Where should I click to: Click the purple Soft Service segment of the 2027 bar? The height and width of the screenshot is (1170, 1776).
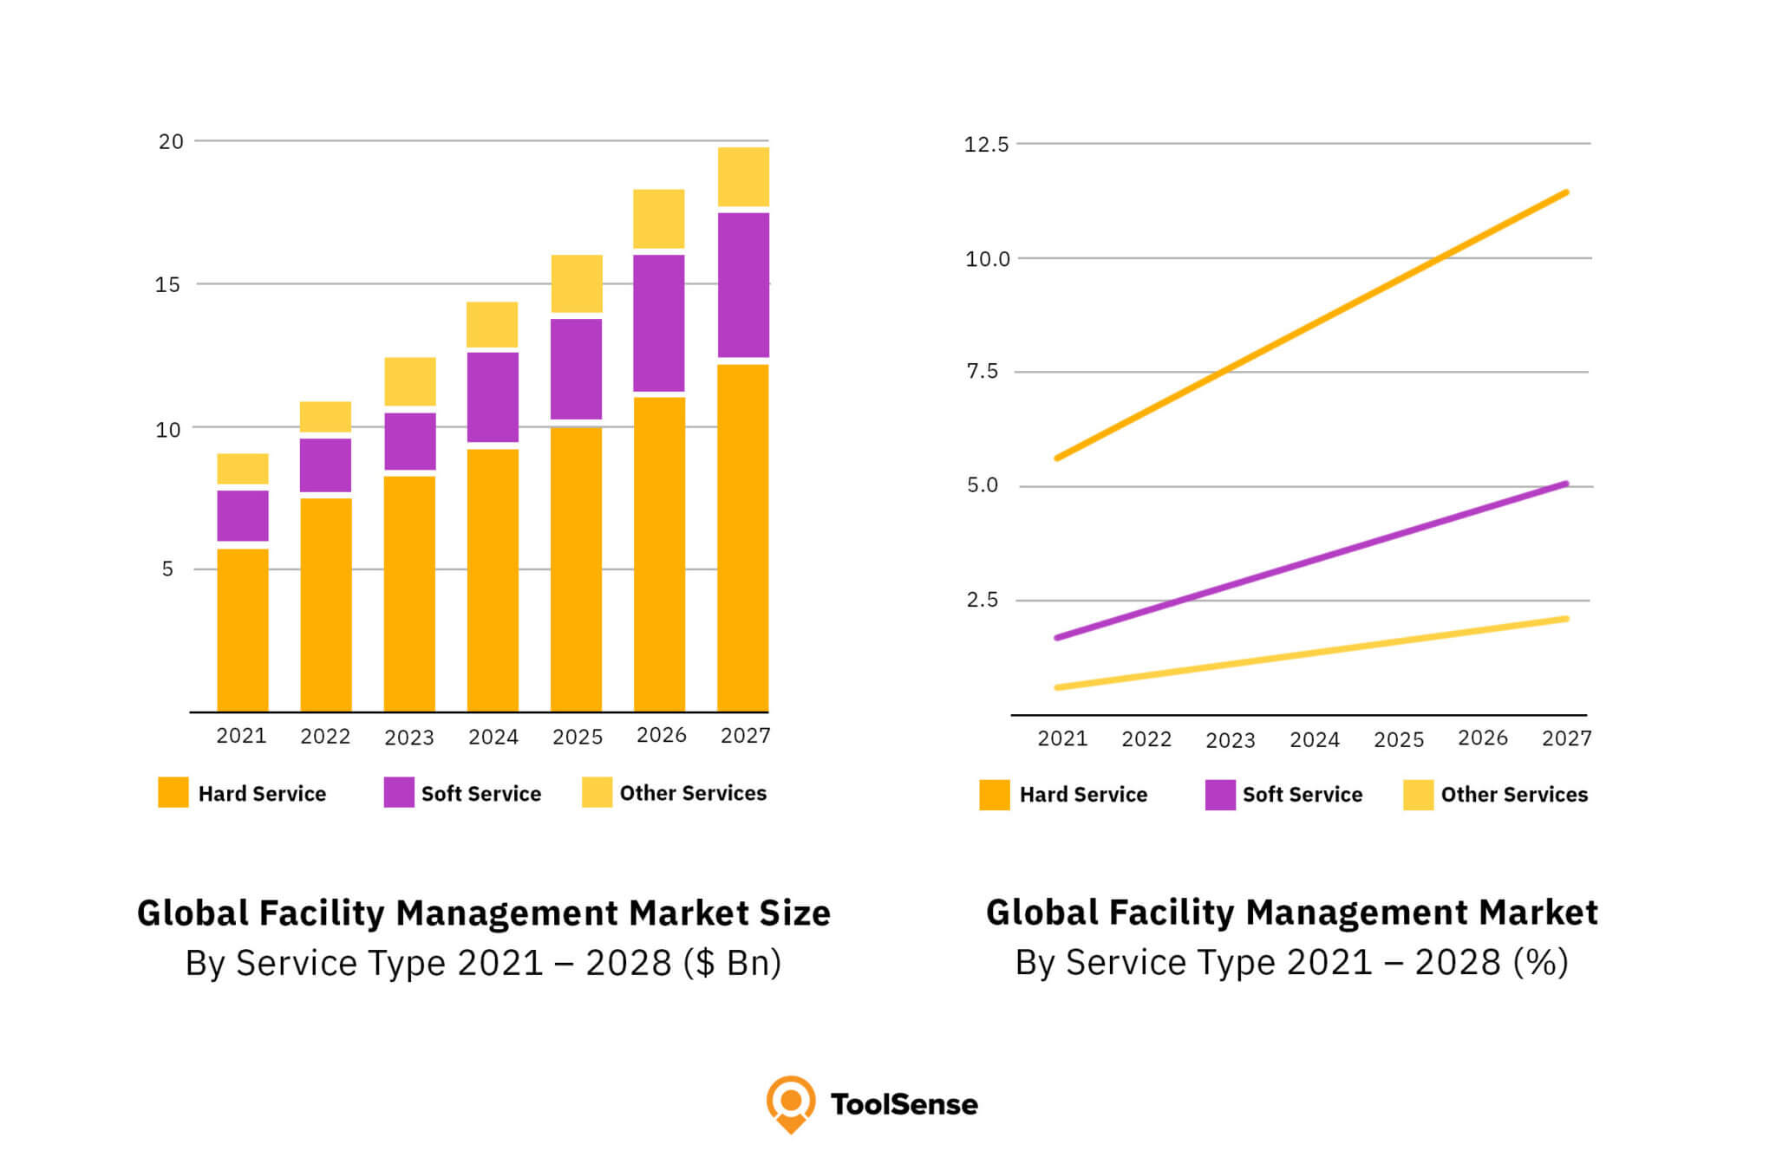pyautogui.click(x=743, y=284)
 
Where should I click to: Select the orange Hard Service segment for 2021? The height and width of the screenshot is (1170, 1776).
pyautogui.click(x=242, y=629)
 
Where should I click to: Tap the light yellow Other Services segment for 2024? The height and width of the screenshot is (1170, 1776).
pyautogui.click(x=493, y=324)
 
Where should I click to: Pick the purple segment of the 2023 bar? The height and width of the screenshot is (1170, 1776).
pyautogui.click(x=409, y=441)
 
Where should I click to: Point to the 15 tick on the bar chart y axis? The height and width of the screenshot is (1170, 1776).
pyautogui.click(x=167, y=285)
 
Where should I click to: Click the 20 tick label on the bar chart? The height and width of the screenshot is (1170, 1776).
pyautogui.click(x=171, y=142)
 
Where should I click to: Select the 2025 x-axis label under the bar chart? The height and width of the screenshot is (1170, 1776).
pyautogui.click(x=577, y=737)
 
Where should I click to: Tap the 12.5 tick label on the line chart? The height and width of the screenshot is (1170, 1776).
pyautogui.click(x=986, y=145)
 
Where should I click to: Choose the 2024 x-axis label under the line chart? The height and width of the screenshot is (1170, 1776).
pyautogui.click(x=1314, y=740)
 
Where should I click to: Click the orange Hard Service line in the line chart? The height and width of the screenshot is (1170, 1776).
pyautogui.click(x=1311, y=325)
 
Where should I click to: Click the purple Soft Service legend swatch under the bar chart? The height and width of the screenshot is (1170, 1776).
pyautogui.click(x=399, y=792)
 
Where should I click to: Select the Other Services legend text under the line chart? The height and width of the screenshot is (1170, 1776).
pyautogui.click(x=1513, y=795)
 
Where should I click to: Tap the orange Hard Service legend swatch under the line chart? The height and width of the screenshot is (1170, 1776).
pyautogui.click(x=994, y=795)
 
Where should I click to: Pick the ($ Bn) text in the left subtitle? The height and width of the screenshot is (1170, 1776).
pyautogui.click(x=732, y=963)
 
